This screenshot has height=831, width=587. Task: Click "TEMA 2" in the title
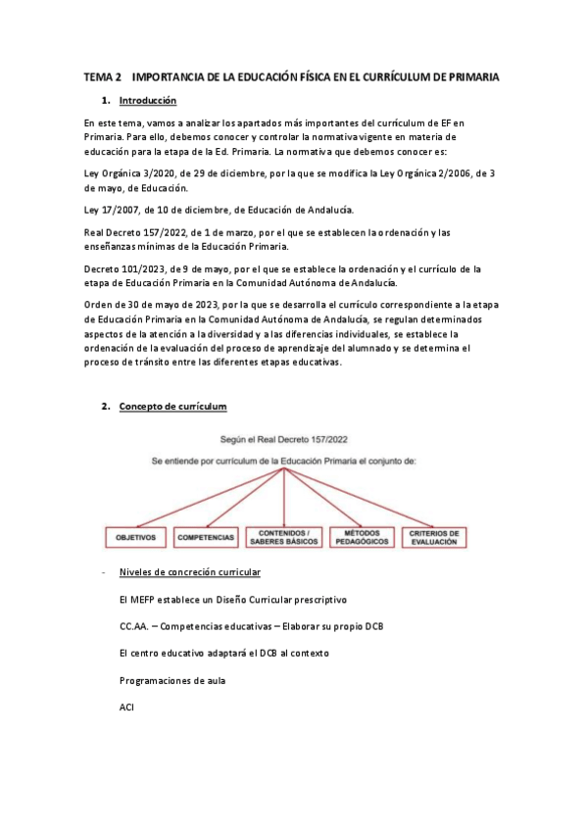(x=103, y=75)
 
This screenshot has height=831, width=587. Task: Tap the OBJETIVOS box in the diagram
(x=136, y=537)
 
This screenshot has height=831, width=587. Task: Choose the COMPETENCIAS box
(x=206, y=537)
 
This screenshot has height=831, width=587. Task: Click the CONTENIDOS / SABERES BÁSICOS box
(x=282, y=537)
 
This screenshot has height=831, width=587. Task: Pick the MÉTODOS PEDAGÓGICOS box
(x=365, y=537)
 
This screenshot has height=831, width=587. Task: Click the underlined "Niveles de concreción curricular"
(x=189, y=571)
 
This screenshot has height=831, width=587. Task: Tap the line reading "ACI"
(x=126, y=707)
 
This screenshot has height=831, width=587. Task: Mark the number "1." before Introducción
(x=105, y=101)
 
